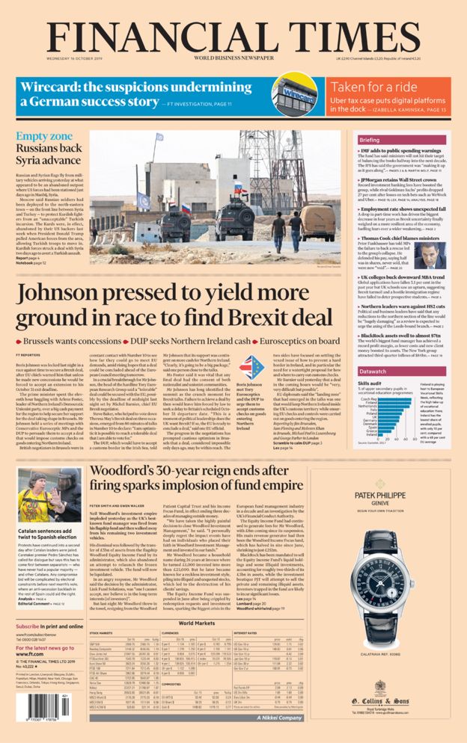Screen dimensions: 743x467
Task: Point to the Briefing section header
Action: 370,140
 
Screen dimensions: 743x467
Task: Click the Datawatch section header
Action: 373,371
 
